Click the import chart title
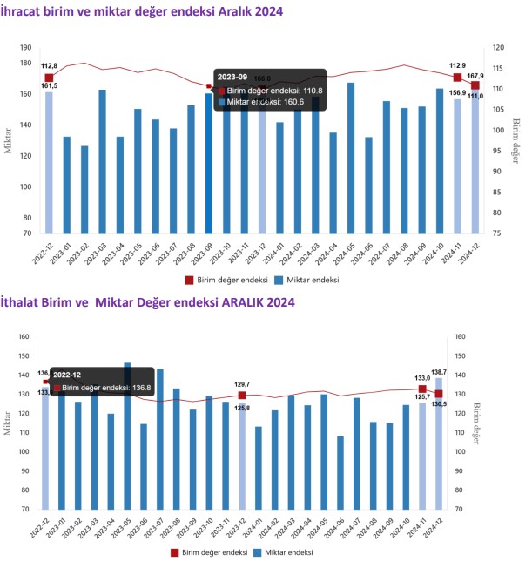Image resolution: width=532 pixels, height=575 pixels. pyautogui.click(x=147, y=301)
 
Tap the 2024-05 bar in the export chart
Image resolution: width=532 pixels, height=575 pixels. pyautogui.click(x=351, y=158)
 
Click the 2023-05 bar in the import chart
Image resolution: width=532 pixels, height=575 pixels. pyautogui.click(x=127, y=436)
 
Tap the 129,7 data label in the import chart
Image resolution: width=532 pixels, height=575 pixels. pyautogui.click(x=242, y=383)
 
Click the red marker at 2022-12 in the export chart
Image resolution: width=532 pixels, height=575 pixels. pyautogui.click(x=49, y=78)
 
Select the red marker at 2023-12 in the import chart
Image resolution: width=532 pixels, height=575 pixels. pyautogui.click(x=242, y=396)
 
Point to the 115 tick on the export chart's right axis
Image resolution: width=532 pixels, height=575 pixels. pyautogui.click(x=494, y=68)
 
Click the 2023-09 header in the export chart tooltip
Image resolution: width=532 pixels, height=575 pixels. pyautogui.click(x=233, y=76)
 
